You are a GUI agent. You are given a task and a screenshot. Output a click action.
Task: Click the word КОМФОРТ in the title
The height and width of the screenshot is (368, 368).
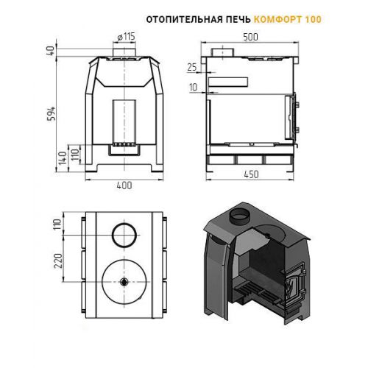point(278,19)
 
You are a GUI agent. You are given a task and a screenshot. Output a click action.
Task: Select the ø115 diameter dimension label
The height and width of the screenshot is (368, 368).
point(127,37)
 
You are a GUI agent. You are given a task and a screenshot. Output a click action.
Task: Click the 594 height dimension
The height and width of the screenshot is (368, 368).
point(52,114)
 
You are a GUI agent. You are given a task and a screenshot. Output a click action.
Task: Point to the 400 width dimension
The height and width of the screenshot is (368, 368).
point(124,185)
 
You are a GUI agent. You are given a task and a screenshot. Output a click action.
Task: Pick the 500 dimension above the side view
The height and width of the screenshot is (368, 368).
point(250,37)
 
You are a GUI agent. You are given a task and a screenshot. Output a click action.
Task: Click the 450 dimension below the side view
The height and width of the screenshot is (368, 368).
point(251,174)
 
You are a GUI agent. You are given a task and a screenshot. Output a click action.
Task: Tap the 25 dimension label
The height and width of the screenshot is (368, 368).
point(192,67)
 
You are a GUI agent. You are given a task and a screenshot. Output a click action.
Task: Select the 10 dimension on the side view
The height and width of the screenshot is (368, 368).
point(194,87)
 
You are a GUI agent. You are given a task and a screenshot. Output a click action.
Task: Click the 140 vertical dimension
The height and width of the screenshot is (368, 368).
point(63,158)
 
